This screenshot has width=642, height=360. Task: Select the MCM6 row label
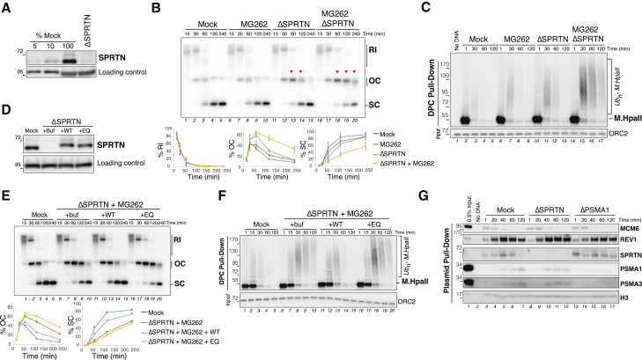tap(627, 225)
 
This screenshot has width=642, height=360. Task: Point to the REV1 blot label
tap(626, 238)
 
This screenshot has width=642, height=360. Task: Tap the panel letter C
tap(425, 8)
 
